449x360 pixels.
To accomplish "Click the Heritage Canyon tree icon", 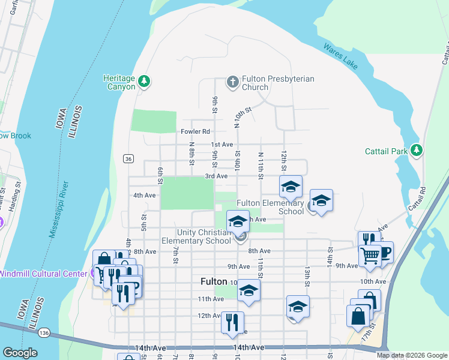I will click(143, 81).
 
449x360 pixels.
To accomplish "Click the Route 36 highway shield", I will click(128, 158).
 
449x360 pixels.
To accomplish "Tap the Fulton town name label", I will click(213, 281).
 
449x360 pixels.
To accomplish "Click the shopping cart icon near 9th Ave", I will click(370, 255).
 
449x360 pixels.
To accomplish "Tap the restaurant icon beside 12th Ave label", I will click(232, 322).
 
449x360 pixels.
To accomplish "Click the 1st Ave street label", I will click(221, 145).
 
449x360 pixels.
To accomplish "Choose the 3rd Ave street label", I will click(216, 176).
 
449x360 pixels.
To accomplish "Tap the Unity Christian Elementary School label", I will click(204, 236).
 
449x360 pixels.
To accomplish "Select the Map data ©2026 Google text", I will click(411, 355).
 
